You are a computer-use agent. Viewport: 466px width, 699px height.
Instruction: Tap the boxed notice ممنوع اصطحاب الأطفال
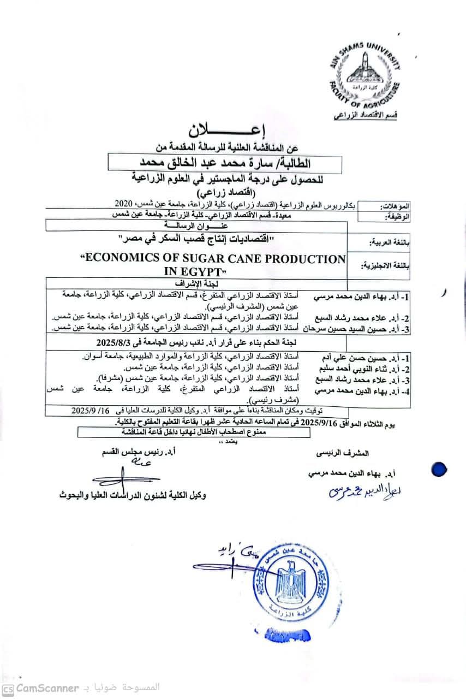194,431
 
